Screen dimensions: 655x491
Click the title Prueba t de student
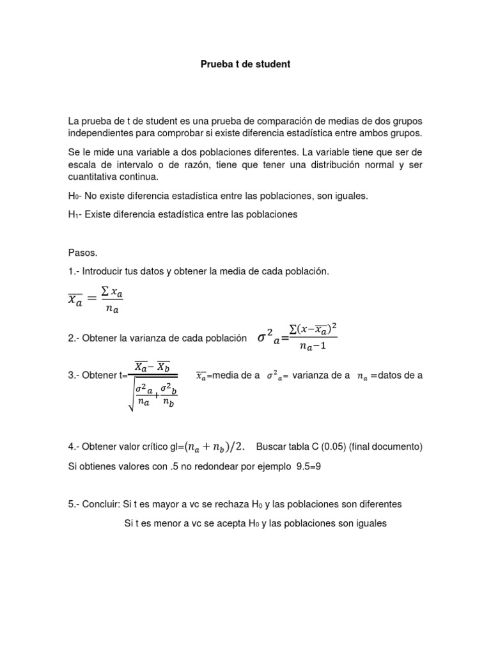(x=245, y=65)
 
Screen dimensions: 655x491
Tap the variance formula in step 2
(x=297, y=337)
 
